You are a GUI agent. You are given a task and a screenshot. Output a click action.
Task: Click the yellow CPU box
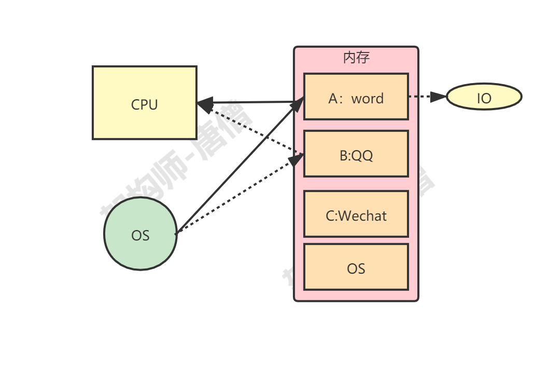pyautogui.click(x=144, y=103)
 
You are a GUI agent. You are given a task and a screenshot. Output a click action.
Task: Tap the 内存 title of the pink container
pyautogui.click(x=356, y=58)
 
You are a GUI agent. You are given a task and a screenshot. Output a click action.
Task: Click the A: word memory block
pyautogui.click(x=356, y=97)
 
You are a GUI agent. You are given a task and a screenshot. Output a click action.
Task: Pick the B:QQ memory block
pyautogui.click(x=356, y=154)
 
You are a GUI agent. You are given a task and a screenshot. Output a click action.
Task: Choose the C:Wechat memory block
pyautogui.click(x=356, y=214)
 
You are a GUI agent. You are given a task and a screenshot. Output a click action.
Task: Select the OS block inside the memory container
pyautogui.click(x=356, y=267)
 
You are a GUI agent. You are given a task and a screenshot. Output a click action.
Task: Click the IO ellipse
pyautogui.click(x=483, y=97)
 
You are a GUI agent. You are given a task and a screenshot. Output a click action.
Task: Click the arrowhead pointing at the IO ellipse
pyautogui.click(x=440, y=97)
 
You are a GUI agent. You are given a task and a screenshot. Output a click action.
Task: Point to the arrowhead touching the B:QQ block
pyautogui.click(x=297, y=158)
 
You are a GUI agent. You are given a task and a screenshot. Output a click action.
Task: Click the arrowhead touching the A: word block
pyautogui.click(x=298, y=104)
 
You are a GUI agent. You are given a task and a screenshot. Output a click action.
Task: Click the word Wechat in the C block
pyautogui.click(x=362, y=216)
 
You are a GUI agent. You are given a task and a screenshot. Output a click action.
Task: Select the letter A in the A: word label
pyautogui.click(x=333, y=98)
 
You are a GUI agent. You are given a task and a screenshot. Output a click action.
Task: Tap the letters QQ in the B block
pyautogui.click(x=362, y=155)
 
